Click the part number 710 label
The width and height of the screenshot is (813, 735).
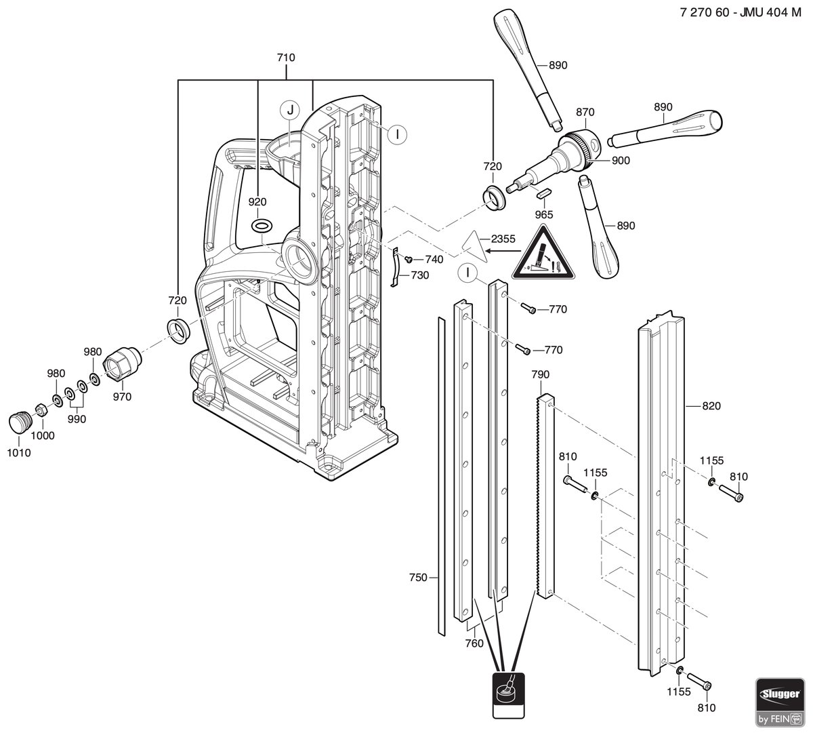286,58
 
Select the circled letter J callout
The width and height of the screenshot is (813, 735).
290,111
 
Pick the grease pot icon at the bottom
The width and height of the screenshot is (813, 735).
508,695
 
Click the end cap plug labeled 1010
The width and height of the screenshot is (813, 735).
20,422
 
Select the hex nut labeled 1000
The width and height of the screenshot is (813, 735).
41,410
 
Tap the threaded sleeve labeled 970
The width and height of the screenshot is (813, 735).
123,363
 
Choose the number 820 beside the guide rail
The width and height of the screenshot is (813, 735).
711,405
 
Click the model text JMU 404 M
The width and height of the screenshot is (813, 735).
770,13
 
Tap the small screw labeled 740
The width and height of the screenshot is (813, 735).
409,258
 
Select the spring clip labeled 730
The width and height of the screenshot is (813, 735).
396,266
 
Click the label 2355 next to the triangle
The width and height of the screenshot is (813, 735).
503,239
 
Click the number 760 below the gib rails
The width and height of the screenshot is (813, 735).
474,643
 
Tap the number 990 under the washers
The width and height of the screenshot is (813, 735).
77,419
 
